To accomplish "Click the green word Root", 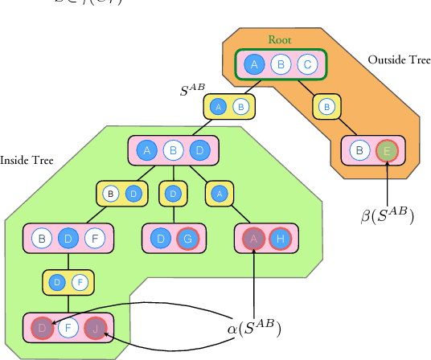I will (x=280, y=39).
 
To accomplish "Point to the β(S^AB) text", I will (x=387, y=215).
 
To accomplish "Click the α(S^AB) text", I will (x=254, y=328).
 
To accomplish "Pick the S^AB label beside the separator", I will (x=193, y=90).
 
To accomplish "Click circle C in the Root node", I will (x=306, y=65).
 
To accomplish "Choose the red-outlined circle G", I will (x=186, y=238).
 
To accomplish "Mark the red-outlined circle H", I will (x=280, y=238).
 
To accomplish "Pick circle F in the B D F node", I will (x=93, y=238).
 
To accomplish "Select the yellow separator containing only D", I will (x=172, y=193).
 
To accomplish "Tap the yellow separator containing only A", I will (x=218, y=193).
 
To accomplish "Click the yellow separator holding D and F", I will (x=68, y=283).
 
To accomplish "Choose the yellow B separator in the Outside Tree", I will (x=326, y=106).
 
